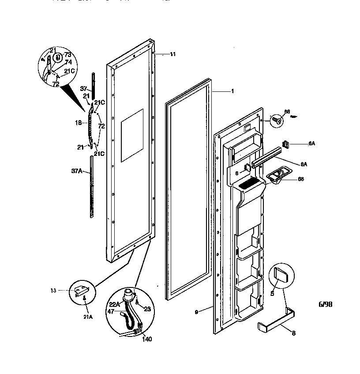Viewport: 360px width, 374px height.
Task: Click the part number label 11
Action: coord(172,54)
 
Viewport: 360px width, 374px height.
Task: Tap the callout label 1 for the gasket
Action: coord(232,91)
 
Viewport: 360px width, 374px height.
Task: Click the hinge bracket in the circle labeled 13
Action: coord(83,290)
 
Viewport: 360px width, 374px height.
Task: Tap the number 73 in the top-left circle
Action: coord(67,54)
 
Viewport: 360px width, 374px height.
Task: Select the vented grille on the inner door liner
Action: coord(250,182)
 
